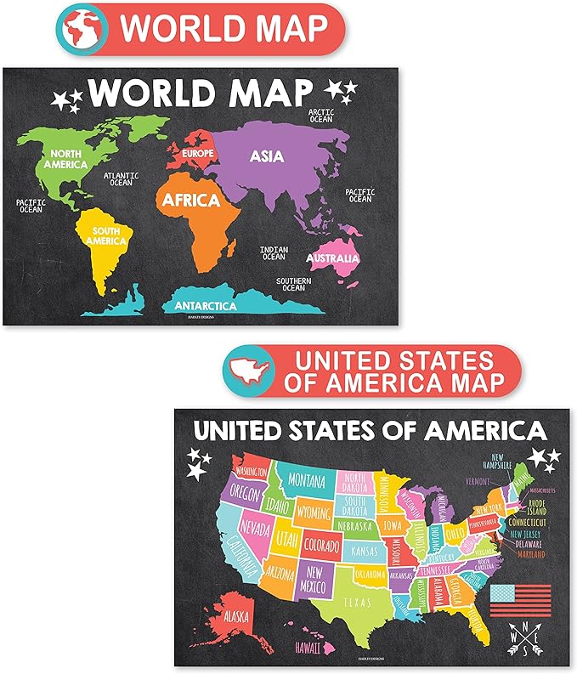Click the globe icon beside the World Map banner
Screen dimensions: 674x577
point(82,28)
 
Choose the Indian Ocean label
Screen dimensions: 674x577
point(274,252)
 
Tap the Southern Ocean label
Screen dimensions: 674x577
point(293,284)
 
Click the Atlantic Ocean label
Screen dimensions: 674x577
point(120,179)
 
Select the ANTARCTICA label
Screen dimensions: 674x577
point(206,305)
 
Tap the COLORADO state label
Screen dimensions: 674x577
point(320,541)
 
